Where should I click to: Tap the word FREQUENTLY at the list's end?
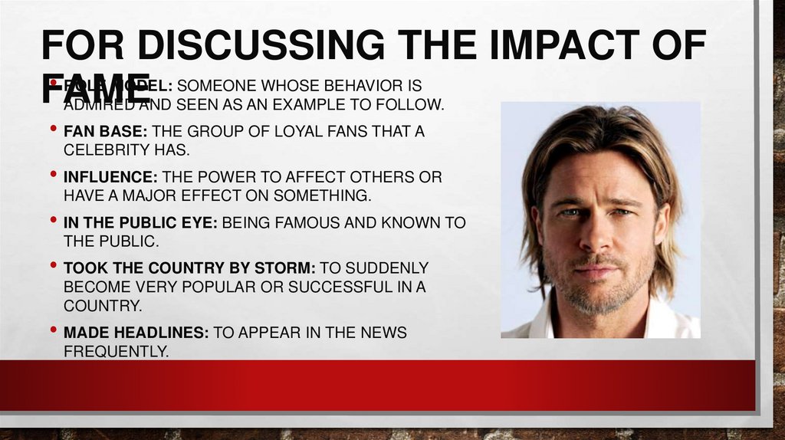point(115,351)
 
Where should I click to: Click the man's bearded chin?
point(596,299)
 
